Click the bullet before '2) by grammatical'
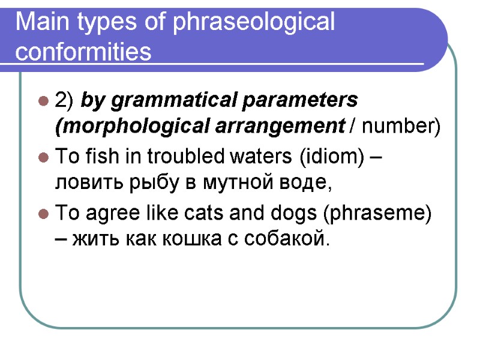pos(43,100)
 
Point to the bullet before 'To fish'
pos(43,158)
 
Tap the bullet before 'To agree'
pos(43,214)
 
